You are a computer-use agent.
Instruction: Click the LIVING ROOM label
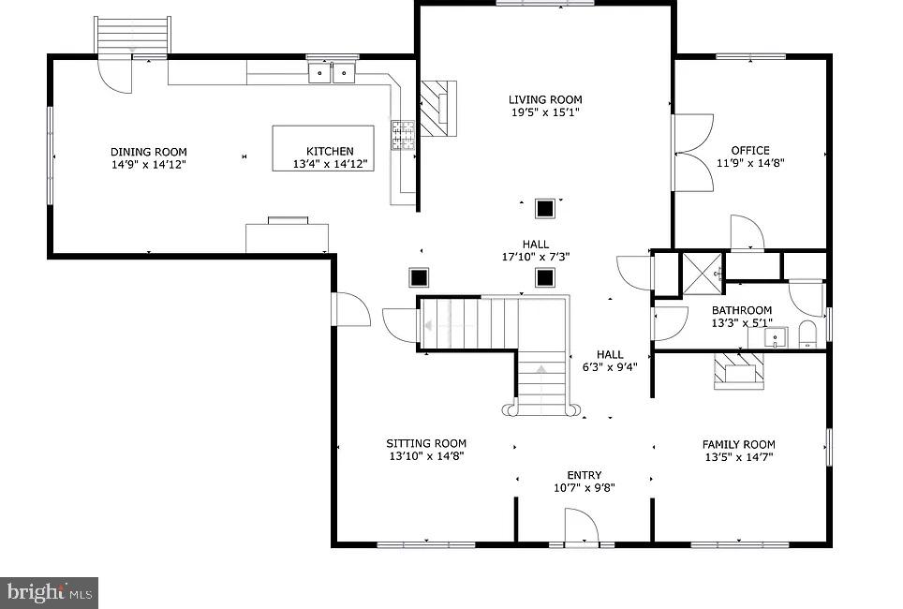click(x=545, y=99)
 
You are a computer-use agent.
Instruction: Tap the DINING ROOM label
click(x=149, y=152)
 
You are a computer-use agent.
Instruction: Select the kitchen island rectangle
click(x=323, y=148)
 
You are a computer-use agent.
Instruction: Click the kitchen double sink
click(x=332, y=73)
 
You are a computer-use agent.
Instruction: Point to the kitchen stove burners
click(x=403, y=135)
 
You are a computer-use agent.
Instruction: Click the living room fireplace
click(x=438, y=109)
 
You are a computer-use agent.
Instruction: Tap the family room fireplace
click(x=739, y=370)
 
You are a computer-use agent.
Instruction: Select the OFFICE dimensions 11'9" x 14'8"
click(x=750, y=163)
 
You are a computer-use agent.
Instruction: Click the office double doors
click(x=693, y=153)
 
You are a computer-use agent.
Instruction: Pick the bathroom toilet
click(x=807, y=334)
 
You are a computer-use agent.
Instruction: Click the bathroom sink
click(x=776, y=337)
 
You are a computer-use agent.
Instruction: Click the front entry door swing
click(x=582, y=526)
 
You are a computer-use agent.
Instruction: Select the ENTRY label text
click(x=584, y=475)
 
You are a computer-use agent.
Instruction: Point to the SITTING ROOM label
click(x=426, y=444)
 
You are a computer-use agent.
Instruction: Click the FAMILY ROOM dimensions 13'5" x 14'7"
click(x=739, y=457)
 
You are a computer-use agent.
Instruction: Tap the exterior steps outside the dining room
click(x=133, y=36)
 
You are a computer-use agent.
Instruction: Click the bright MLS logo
click(x=49, y=592)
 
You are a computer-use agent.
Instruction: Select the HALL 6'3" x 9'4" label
click(x=610, y=361)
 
